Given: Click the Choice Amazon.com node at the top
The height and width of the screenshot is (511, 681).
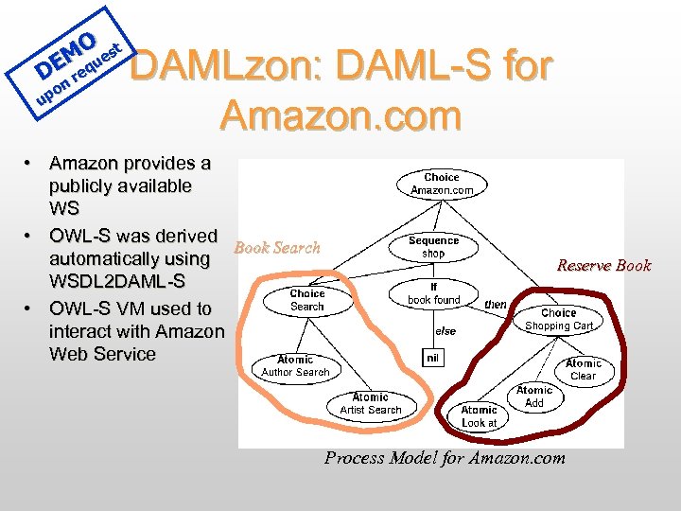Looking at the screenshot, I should click(x=442, y=184).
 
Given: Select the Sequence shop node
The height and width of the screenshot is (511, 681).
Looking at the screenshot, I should click(x=433, y=247).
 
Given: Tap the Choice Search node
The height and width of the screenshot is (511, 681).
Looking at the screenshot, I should click(x=306, y=300).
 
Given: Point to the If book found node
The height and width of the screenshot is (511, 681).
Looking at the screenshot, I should click(x=433, y=293).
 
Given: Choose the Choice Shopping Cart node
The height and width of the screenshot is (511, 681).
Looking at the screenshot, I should click(x=558, y=319).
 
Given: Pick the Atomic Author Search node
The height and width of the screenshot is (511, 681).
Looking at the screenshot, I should click(x=295, y=366).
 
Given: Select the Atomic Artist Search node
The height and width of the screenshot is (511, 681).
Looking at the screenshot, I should click(x=371, y=404).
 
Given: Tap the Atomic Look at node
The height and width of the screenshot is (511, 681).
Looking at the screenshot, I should click(x=479, y=416).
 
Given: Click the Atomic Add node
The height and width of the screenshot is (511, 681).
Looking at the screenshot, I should click(x=534, y=396).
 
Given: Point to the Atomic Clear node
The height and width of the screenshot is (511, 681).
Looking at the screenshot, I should click(x=583, y=369).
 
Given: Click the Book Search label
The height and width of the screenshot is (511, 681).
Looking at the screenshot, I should click(x=277, y=248).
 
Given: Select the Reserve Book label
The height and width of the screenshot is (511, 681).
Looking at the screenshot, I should click(x=603, y=265).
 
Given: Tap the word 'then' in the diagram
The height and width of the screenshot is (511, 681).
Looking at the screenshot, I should click(x=495, y=305).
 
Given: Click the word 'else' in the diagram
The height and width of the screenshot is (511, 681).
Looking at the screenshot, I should click(x=445, y=331).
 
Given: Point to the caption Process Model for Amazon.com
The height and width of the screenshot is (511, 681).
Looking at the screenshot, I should click(x=445, y=458).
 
